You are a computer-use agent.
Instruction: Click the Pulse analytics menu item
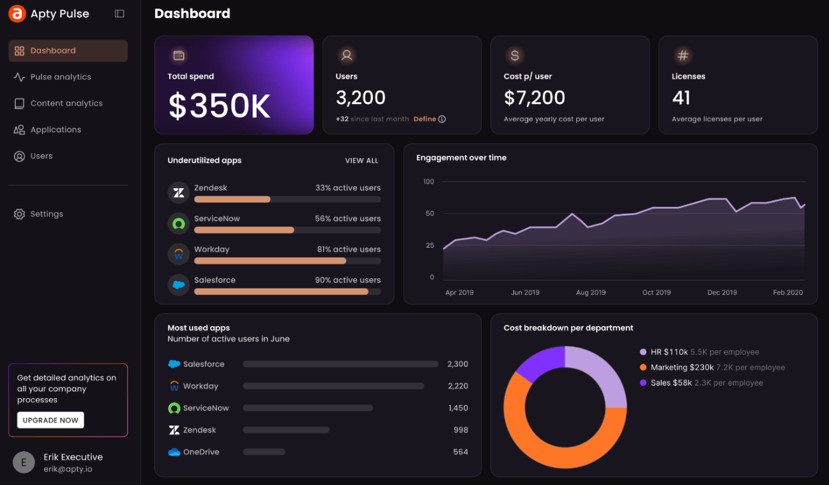pyautogui.click(x=60, y=77)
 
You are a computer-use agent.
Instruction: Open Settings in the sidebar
pyautogui.click(x=46, y=214)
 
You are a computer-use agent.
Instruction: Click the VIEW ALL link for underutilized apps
pyautogui.click(x=361, y=161)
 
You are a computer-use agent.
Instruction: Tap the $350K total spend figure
pyautogui.click(x=220, y=106)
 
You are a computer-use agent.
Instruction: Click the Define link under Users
pyautogui.click(x=425, y=119)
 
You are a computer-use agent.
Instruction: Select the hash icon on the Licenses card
pyautogui.click(x=683, y=56)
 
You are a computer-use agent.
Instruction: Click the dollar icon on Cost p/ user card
pyautogui.click(x=515, y=56)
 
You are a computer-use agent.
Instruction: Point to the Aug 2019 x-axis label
pyautogui.click(x=591, y=292)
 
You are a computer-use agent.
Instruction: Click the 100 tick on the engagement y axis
pyautogui.click(x=428, y=182)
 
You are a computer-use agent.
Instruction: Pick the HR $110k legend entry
pyautogui.click(x=669, y=352)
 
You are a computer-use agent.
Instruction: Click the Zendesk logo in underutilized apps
pyautogui.click(x=179, y=192)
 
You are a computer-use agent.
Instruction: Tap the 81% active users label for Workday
pyautogui.click(x=349, y=250)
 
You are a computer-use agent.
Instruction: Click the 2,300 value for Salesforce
pyautogui.click(x=457, y=364)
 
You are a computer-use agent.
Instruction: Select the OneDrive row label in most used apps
pyautogui.click(x=201, y=452)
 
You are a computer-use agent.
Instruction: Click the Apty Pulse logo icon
pyautogui.click(x=17, y=13)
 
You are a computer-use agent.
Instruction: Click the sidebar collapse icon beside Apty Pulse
pyautogui.click(x=119, y=13)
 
